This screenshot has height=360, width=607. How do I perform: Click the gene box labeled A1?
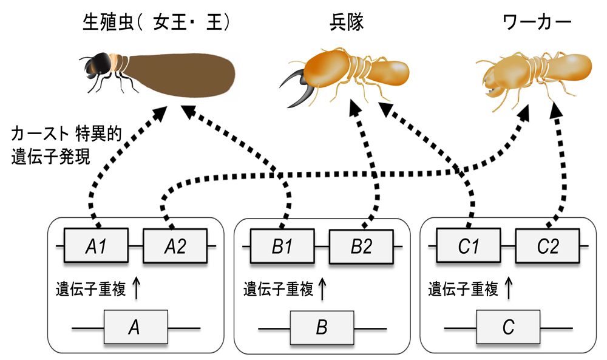pos(97,246)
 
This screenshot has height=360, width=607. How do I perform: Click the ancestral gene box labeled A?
pos(135,328)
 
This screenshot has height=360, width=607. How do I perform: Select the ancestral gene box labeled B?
pos(322,328)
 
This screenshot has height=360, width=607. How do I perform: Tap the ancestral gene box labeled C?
pos(508,328)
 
